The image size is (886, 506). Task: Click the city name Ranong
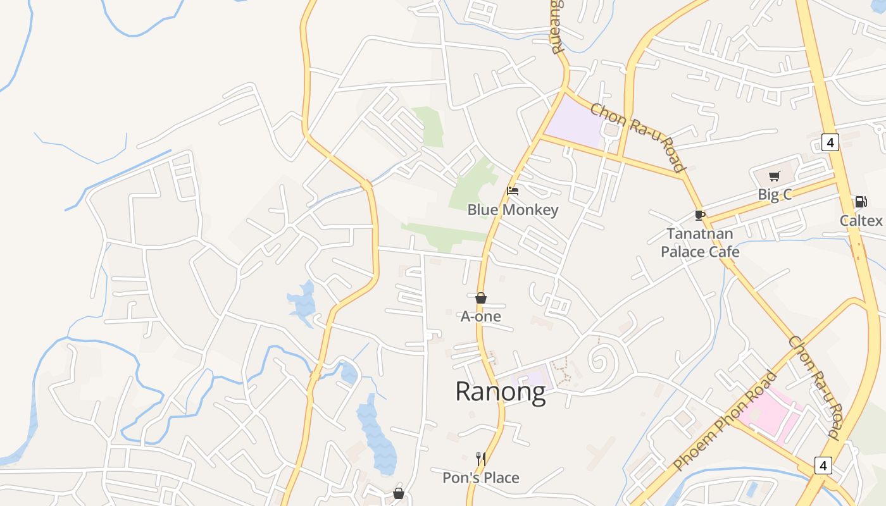pyautogui.click(x=500, y=392)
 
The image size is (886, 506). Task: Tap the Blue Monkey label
pyautogui.click(x=513, y=209)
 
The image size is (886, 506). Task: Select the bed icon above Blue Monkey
pyautogui.click(x=513, y=190)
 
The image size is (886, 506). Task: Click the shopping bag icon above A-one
pyautogui.click(x=481, y=298)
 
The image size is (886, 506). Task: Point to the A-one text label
pyautogui.click(x=481, y=316)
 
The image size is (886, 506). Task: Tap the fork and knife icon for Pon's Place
pyautogui.click(x=481, y=459)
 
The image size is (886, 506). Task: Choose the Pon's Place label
pyautogui.click(x=481, y=478)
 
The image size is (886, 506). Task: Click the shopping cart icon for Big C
pyautogui.click(x=774, y=176)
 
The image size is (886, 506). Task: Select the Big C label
pyautogui.click(x=775, y=194)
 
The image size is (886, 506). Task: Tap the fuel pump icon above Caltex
pyautogui.click(x=861, y=202)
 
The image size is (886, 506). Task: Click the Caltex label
pyautogui.click(x=861, y=220)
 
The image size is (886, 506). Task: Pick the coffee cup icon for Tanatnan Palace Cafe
pyautogui.click(x=699, y=215)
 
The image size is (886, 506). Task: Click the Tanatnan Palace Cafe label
pyautogui.click(x=700, y=243)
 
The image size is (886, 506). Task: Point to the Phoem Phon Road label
pyautogui.click(x=725, y=421)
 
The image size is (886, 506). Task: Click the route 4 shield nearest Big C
pyautogui.click(x=830, y=142)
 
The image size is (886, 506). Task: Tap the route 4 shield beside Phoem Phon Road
pyautogui.click(x=822, y=466)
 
